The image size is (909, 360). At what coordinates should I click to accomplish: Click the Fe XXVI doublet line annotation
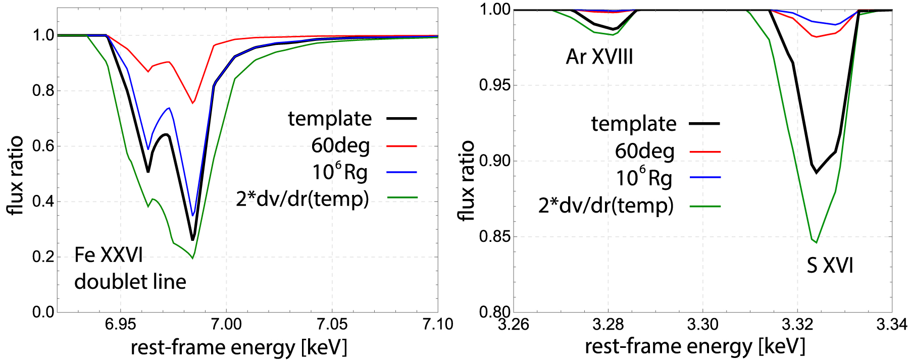tap(130, 268)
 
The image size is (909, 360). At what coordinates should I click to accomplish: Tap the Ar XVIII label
tap(599, 57)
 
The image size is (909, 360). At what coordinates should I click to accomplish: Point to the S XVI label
tap(830, 266)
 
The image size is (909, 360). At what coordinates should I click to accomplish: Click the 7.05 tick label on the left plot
tap(332, 324)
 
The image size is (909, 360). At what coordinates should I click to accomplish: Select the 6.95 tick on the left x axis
tap(120, 324)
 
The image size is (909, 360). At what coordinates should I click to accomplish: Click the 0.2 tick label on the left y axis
tap(43, 257)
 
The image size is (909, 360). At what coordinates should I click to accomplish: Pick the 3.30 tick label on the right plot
tap(703, 324)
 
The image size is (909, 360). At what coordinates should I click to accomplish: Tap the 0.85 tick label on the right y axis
tap(495, 237)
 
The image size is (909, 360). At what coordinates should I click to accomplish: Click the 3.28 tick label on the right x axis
tap(609, 324)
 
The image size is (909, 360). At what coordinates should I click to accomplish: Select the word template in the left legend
tap(330, 119)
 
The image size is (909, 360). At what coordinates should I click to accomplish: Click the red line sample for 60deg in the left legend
tap(402, 146)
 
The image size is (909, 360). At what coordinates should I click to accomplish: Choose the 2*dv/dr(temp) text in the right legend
tap(606, 205)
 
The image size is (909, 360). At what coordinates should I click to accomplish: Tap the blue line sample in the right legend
tap(705, 178)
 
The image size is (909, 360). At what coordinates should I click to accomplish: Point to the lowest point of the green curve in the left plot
tap(192, 259)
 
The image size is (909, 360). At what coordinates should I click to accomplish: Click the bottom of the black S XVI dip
tap(816, 173)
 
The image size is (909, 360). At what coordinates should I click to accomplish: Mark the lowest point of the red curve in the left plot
tap(193, 103)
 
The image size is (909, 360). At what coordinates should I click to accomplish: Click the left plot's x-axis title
tap(239, 348)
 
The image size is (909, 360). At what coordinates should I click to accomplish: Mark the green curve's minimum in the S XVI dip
tap(816, 242)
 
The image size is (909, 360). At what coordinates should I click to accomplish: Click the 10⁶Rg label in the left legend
tap(339, 172)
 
